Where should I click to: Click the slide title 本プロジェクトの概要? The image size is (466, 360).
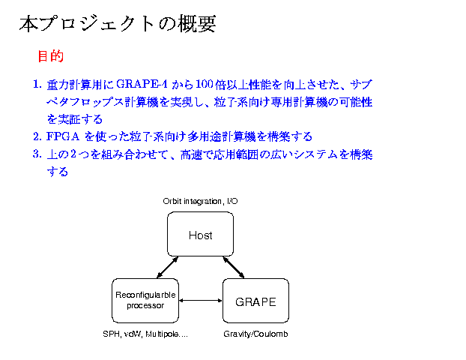coord(118,24)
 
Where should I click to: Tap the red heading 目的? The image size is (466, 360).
coord(50,56)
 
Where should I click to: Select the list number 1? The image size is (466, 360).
coord(37,83)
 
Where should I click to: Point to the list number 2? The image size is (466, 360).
coord(37,136)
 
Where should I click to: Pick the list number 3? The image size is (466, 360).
coord(37,154)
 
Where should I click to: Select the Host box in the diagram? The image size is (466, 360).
coord(200,235)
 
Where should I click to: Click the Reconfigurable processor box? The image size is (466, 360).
coord(145,300)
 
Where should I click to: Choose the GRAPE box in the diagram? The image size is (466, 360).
coord(255,301)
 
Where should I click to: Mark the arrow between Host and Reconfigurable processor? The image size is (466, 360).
coord(166,267)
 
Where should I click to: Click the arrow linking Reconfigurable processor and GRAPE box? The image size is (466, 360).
coord(202,301)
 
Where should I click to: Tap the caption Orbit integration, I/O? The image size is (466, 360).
coord(200,201)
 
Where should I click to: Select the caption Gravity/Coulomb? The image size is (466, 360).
coord(255,334)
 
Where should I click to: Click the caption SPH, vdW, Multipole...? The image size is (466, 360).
coord(145,334)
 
